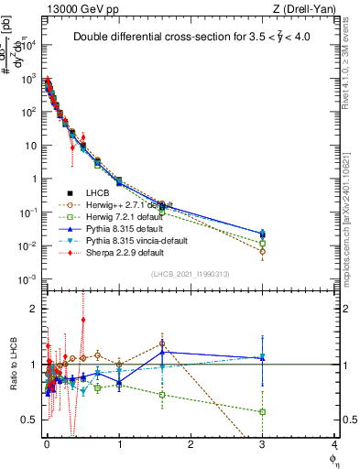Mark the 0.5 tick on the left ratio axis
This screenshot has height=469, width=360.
(30, 420)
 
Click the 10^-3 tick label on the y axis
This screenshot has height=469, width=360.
(27, 278)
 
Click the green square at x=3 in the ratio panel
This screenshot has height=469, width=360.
(262, 411)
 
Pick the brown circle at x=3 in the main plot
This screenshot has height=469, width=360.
(262, 251)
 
